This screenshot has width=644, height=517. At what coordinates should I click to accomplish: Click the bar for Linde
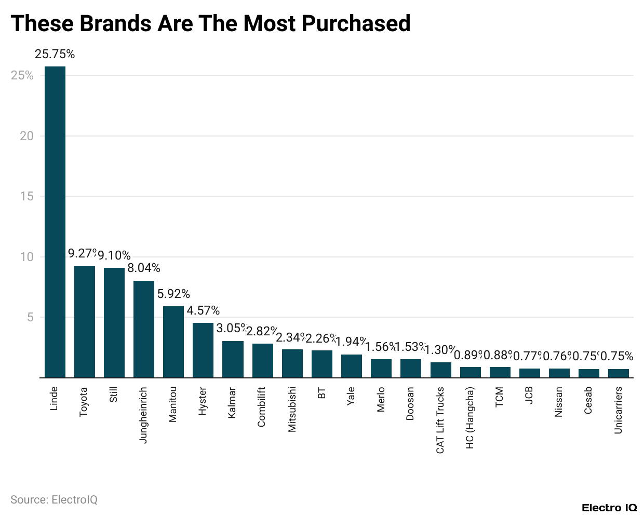click(x=55, y=222)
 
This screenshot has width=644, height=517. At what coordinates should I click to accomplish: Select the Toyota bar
click(x=85, y=321)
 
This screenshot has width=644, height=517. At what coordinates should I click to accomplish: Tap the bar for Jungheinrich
click(x=144, y=329)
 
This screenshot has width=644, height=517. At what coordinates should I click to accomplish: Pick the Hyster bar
click(x=203, y=350)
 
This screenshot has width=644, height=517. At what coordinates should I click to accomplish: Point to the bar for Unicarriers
click(x=618, y=373)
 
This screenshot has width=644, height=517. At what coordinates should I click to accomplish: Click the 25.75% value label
click(x=55, y=55)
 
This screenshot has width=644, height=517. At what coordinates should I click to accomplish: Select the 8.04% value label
click(x=144, y=268)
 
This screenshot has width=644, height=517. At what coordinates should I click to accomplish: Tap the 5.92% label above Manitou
click(x=173, y=294)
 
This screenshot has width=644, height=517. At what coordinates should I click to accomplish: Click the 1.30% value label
click(x=440, y=349)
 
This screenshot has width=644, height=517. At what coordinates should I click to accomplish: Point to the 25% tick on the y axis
click(x=22, y=76)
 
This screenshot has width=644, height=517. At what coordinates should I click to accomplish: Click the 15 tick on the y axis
click(x=26, y=197)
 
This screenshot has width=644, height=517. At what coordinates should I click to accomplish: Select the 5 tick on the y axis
click(x=30, y=317)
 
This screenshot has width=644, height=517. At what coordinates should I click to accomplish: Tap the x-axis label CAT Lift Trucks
click(x=440, y=420)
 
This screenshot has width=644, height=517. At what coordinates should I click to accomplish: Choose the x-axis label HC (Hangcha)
click(x=470, y=417)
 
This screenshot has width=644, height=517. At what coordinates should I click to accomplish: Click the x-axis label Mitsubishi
click(x=292, y=409)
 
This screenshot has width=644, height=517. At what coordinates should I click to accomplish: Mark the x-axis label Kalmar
click(x=233, y=402)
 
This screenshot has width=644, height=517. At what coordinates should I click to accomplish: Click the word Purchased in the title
click(x=356, y=23)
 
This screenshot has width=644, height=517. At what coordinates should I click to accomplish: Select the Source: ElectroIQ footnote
click(x=54, y=499)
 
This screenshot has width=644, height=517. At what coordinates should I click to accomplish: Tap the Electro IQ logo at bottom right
click(x=609, y=507)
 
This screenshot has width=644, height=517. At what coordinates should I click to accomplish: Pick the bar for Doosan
click(x=411, y=368)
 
